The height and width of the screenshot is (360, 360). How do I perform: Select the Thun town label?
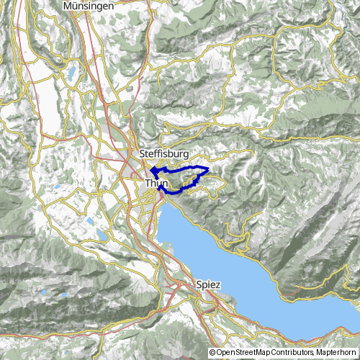(x=156, y=184)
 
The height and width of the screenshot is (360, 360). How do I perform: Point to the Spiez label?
(x=207, y=284)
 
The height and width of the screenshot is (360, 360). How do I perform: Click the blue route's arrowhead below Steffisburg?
(x=153, y=170)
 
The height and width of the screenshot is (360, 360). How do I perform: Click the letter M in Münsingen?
(x=68, y=6)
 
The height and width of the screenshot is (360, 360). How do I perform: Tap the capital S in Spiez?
(x=199, y=284)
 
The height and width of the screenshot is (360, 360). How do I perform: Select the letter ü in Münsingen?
(x=75, y=6)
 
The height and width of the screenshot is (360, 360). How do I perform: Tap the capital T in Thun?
(x=148, y=184)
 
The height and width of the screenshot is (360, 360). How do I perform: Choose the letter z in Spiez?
(x=217, y=284)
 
